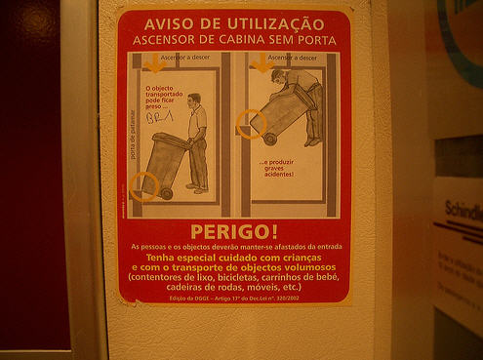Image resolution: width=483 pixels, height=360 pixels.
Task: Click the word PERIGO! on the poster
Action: (233, 232)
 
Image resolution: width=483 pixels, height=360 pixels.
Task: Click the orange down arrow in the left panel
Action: (153, 63)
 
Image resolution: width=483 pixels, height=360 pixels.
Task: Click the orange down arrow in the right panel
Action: (261, 63)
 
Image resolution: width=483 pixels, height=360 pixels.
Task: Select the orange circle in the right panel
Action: (251, 124)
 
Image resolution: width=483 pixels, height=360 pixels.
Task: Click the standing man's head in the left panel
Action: (194, 100)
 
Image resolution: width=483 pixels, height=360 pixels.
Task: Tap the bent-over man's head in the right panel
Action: (279, 76)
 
